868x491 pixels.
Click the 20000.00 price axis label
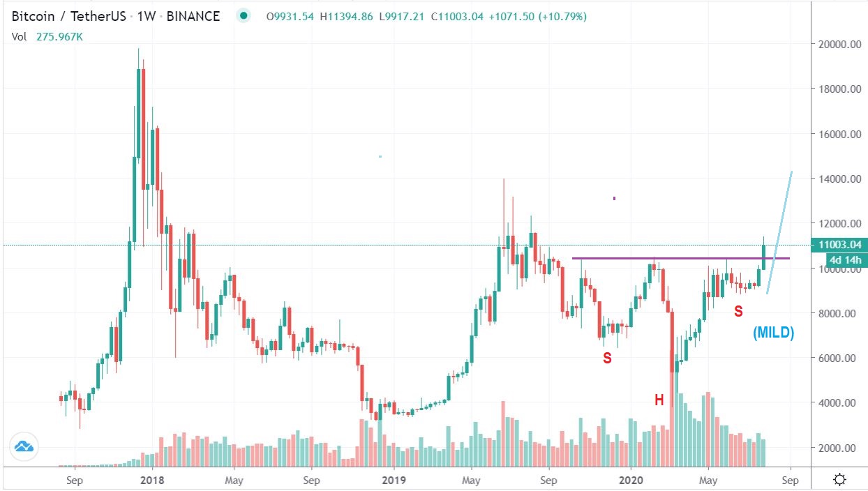pyautogui.click(x=839, y=44)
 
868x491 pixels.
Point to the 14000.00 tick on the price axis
pyautogui.click(x=839, y=179)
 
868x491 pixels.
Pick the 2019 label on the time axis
pyautogui.click(x=394, y=480)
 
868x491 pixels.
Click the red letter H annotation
pyautogui.click(x=659, y=400)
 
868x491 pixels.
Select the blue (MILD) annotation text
pyautogui.click(x=773, y=333)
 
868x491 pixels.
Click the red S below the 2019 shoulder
pyautogui.click(x=607, y=358)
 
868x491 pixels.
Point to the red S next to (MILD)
pyautogui.click(x=738, y=312)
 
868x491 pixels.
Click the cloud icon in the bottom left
pyautogui.click(x=24, y=446)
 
